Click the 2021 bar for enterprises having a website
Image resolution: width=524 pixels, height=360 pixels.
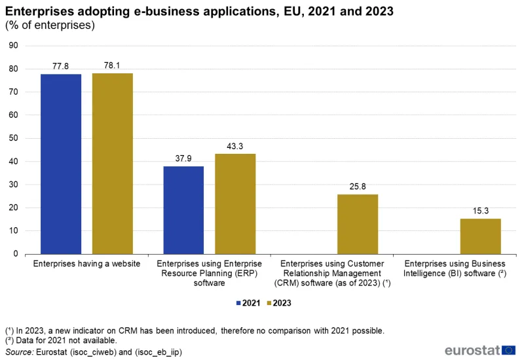[61, 164]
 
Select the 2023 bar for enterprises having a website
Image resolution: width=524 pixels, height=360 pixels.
[112, 164]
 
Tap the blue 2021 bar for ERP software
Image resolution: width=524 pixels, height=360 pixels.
[183, 210]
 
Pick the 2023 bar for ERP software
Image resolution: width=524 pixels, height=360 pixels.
[235, 204]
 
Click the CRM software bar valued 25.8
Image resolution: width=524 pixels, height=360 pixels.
[358, 224]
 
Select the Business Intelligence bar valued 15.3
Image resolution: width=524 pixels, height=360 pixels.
[480, 236]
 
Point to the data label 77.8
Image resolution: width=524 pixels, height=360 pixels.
[61, 66]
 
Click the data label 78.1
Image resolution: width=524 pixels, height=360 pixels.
[112, 65]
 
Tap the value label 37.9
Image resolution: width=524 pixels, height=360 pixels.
[183, 158]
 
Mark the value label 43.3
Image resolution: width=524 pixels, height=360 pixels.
[235, 146]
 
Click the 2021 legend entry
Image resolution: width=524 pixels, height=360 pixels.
[248, 303]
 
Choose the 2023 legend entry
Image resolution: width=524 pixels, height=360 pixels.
[278, 303]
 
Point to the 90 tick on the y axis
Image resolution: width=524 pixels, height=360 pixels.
[13, 46]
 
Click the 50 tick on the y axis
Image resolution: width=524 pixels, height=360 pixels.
[13, 138]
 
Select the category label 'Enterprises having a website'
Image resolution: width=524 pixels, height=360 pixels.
[86, 264]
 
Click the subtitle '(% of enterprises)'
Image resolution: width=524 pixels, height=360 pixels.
[50, 26]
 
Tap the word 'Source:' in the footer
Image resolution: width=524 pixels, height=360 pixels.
[20, 352]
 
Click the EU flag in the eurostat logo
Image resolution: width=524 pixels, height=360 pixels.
[508, 350]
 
